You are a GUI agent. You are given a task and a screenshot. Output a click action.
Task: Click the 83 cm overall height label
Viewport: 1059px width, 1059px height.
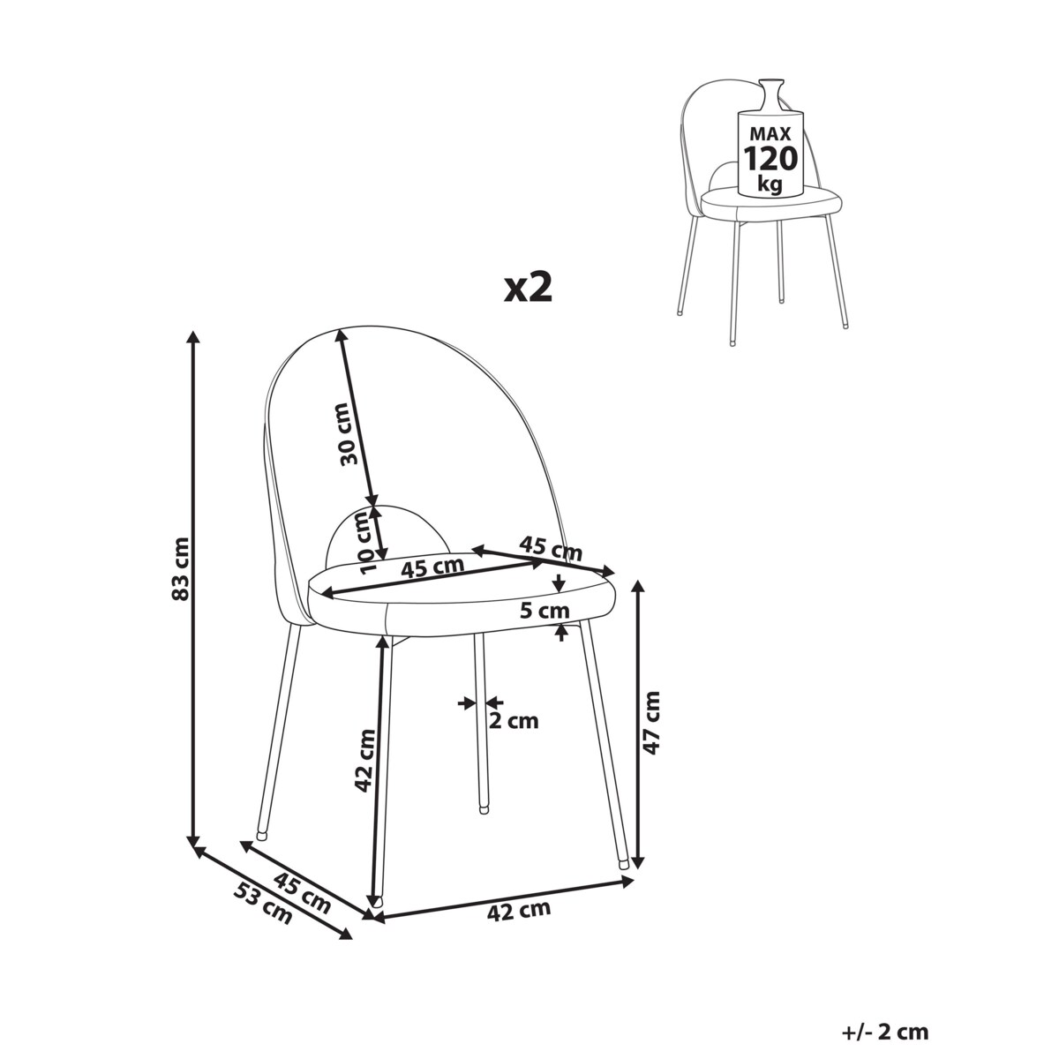tap(181, 568)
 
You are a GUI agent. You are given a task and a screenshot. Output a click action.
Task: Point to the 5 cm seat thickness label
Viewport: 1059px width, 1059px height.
tap(545, 611)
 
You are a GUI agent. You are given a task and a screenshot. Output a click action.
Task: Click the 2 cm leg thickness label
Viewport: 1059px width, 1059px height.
tap(514, 720)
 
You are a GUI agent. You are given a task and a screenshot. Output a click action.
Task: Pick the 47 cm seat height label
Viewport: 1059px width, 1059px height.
tap(651, 724)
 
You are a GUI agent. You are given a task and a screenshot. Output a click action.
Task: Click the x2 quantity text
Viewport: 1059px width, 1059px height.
tap(528, 288)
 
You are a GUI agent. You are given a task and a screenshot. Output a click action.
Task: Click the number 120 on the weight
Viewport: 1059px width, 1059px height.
tap(770, 159)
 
